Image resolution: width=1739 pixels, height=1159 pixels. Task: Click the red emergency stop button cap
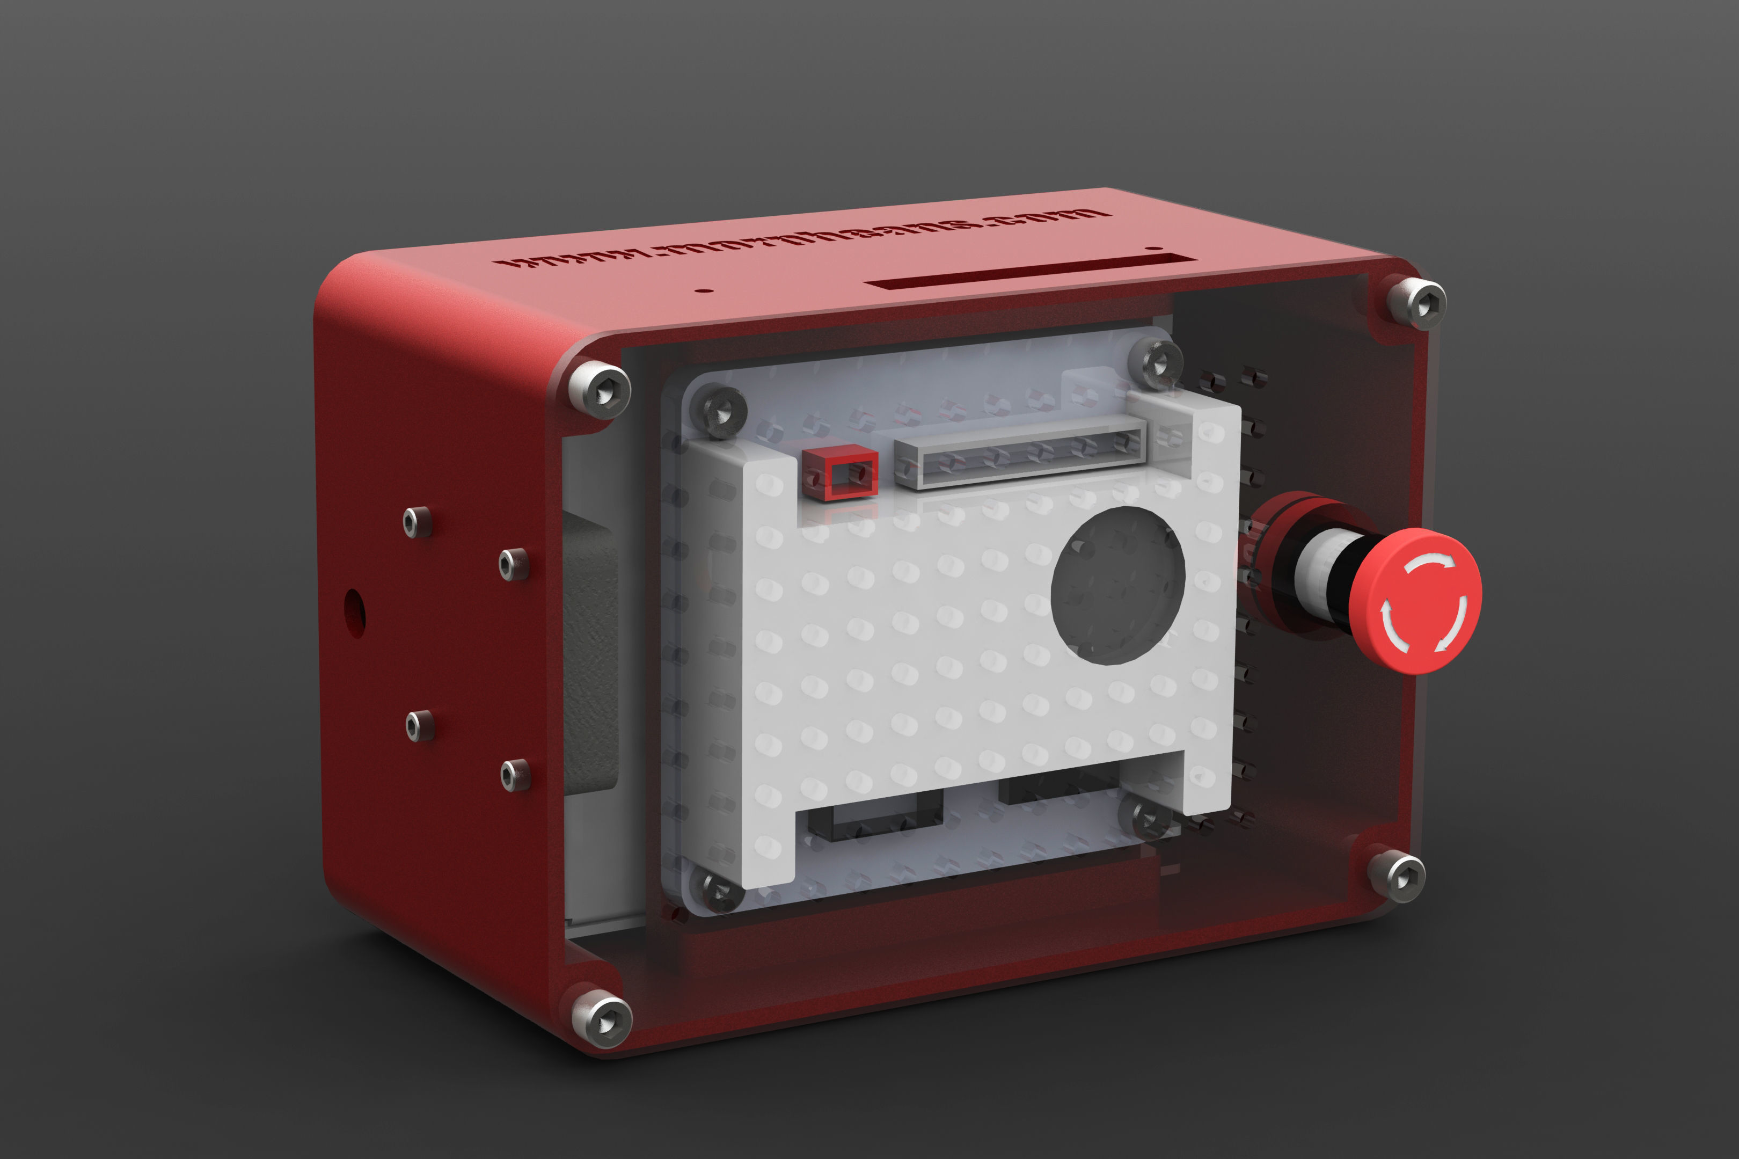(x=1415, y=600)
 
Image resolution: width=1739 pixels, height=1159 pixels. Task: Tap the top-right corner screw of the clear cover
(x=1416, y=303)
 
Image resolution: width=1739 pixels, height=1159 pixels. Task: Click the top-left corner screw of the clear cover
(x=600, y=390)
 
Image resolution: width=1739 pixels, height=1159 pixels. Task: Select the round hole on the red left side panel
(x=354, y=613)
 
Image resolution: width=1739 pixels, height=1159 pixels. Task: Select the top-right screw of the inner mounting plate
(x=1155, y=363)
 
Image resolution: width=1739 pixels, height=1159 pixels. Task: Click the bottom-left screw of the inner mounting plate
(x=715, y=892)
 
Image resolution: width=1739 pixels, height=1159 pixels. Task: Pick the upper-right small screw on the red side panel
(x=513, y=564)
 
